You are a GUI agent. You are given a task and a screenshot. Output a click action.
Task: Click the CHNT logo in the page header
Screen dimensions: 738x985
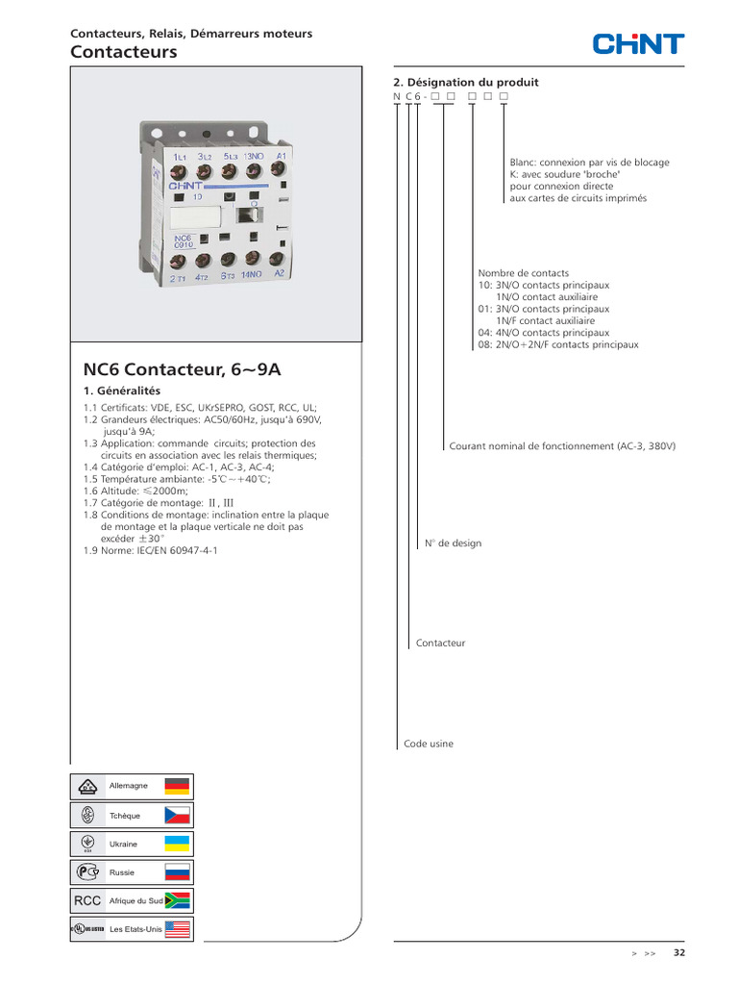pos(638,44)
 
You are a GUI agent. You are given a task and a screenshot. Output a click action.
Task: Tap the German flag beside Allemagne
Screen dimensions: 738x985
pos(177,786)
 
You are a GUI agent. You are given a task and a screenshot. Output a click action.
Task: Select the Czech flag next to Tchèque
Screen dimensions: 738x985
pos(177,815)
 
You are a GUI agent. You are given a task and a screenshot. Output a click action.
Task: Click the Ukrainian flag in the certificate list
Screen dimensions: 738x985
pos(177,844)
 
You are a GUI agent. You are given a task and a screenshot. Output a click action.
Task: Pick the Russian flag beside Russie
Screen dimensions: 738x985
pos(177,871)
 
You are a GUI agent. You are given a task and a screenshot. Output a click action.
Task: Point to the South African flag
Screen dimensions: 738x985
pos(177,900)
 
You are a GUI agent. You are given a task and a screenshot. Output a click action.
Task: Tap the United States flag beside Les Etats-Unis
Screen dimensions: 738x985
pos(177,929)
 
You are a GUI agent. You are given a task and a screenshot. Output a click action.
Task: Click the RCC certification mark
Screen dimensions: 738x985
pos(87,900)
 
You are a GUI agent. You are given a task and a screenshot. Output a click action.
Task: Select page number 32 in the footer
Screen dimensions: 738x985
pos(679,952)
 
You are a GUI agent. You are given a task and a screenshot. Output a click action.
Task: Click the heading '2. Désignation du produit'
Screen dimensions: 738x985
pos(466,83)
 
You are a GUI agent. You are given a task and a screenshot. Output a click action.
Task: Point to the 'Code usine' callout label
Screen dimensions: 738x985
pos(428,744)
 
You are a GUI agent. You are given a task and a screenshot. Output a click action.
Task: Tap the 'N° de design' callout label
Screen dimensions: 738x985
pos(454,543)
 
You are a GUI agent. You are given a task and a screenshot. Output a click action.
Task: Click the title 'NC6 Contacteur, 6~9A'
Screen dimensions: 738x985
pos(182,369)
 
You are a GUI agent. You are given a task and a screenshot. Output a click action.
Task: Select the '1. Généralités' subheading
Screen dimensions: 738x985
pos(122,391)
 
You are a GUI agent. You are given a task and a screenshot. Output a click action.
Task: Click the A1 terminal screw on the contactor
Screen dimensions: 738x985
pos(278,168)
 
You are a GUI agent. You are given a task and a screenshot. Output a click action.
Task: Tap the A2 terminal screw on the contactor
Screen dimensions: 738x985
pos(277,259)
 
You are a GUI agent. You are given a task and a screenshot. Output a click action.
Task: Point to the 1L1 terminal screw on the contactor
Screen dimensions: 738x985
pos(179,172)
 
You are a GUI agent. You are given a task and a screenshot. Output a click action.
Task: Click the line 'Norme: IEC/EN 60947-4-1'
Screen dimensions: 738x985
pos(151,551)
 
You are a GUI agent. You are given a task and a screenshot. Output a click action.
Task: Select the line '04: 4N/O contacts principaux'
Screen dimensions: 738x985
pos(544,333)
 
